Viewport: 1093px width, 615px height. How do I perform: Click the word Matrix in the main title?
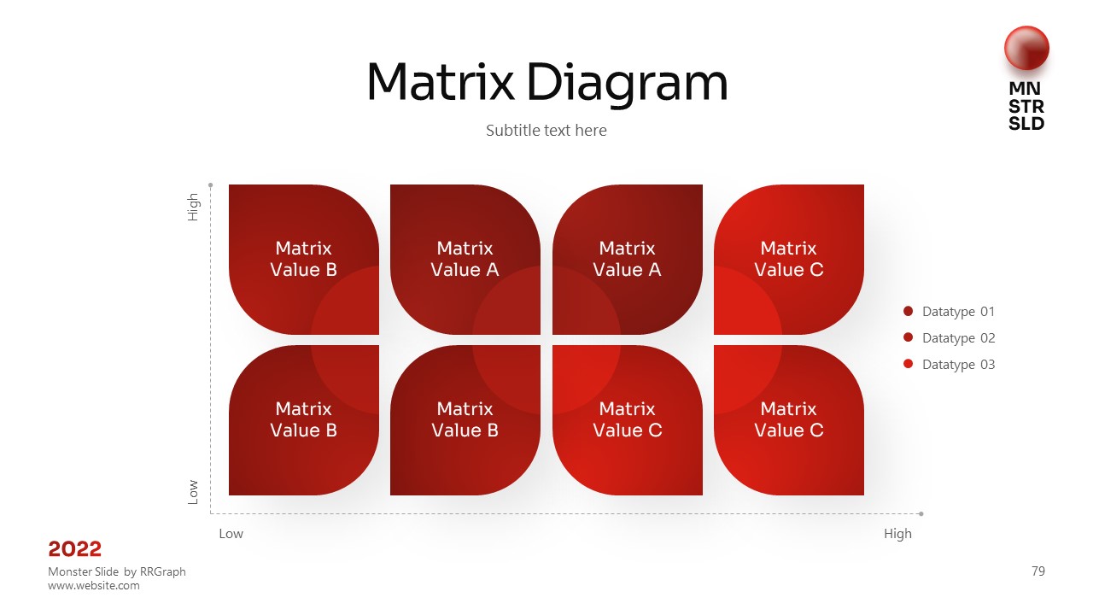coord(441,81)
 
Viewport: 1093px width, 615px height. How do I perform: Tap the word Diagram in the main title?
coord(628,84)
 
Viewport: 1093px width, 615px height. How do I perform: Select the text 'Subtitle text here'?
coord(546,131)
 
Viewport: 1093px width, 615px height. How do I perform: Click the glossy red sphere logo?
coord(1026,48)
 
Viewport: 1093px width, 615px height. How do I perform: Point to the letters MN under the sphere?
coord(1025,88)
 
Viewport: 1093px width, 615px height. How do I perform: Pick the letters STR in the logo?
coord(1026,106)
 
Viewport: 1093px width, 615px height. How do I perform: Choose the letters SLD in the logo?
coord(1026,124)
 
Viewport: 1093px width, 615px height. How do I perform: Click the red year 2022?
coord(74,549)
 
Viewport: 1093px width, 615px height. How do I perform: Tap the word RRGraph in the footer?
coord(162,571)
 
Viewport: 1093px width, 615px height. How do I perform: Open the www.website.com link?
coord(94,585)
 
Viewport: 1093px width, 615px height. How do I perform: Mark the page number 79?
coord(1038,571)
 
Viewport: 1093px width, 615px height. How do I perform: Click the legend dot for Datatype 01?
coord(908,311)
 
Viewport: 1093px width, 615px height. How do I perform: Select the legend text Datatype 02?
coord(958,337)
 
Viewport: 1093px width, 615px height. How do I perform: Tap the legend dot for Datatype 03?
coord(908,364)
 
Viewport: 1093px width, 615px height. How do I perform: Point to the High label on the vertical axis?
coord(193,207)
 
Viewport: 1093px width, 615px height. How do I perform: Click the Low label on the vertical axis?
coord(193,492)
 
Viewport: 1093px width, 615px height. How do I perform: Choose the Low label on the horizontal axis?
coord(231,534)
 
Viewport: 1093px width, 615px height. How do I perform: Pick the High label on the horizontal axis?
coord(897,534)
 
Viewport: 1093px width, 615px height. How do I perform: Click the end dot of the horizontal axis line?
coord(921,513)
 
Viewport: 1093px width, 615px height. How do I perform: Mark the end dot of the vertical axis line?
coord(210,185)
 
